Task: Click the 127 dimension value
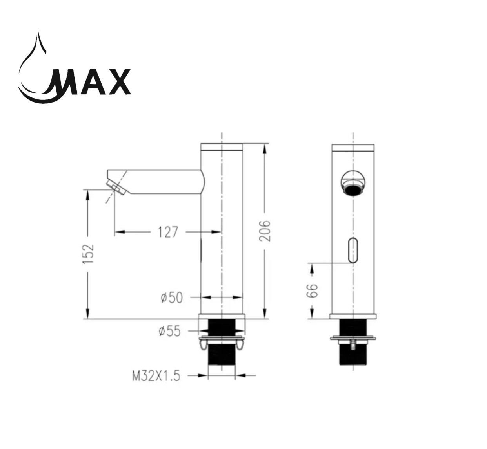(x=168, y=232)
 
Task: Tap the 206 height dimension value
(x=265, y=231)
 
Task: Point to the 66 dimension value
(x=312, y=290)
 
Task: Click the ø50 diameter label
(x=171, y=298)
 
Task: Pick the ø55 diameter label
(x=169, y=332)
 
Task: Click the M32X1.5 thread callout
(x=156, y=376)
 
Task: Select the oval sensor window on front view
(x=353, y=250)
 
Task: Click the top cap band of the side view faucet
(x=222, y=148)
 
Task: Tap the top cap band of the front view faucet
(x=353, y=148)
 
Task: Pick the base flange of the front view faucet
(x=353, y=316)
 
